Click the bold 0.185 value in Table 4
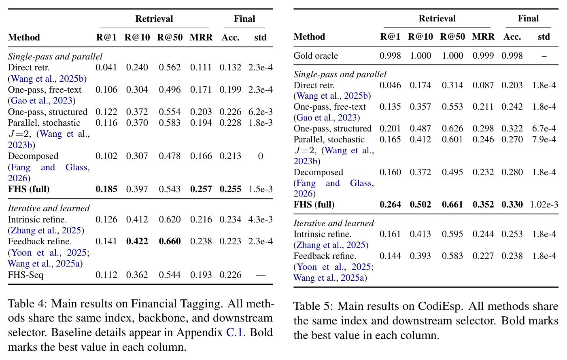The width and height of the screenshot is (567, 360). [x=106, y=189]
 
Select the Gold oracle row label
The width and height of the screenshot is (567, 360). [x=316, y=56]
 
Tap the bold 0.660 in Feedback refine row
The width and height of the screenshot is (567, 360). [x=170, y=241]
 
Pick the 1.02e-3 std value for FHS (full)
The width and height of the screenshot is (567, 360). [x=544, y=204]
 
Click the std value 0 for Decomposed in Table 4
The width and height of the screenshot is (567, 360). [x=261, y=156]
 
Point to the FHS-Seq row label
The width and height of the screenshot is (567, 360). [x=25, y=275]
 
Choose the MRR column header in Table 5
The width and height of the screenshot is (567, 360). [x=483, y=37]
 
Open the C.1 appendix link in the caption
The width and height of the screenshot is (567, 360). [x=235, y=332]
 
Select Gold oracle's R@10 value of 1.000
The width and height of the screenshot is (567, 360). [x=420, y=56]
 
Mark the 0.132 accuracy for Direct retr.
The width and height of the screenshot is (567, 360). [x=230, y=67]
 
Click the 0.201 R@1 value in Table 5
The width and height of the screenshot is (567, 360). [x=390, y=129]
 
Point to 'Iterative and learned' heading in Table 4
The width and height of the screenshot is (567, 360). [x=49, y=208]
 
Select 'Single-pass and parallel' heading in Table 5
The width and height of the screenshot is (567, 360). [x=340, y=74]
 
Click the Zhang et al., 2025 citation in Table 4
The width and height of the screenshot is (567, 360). [x=46, y=231]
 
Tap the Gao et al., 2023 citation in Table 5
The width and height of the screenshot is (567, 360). [x=327, y=118]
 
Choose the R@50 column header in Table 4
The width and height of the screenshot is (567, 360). [x=170, y=38]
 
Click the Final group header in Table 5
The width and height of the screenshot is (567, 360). [x=528, y=19]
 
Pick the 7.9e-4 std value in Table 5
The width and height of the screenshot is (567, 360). [x=544, y=140]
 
